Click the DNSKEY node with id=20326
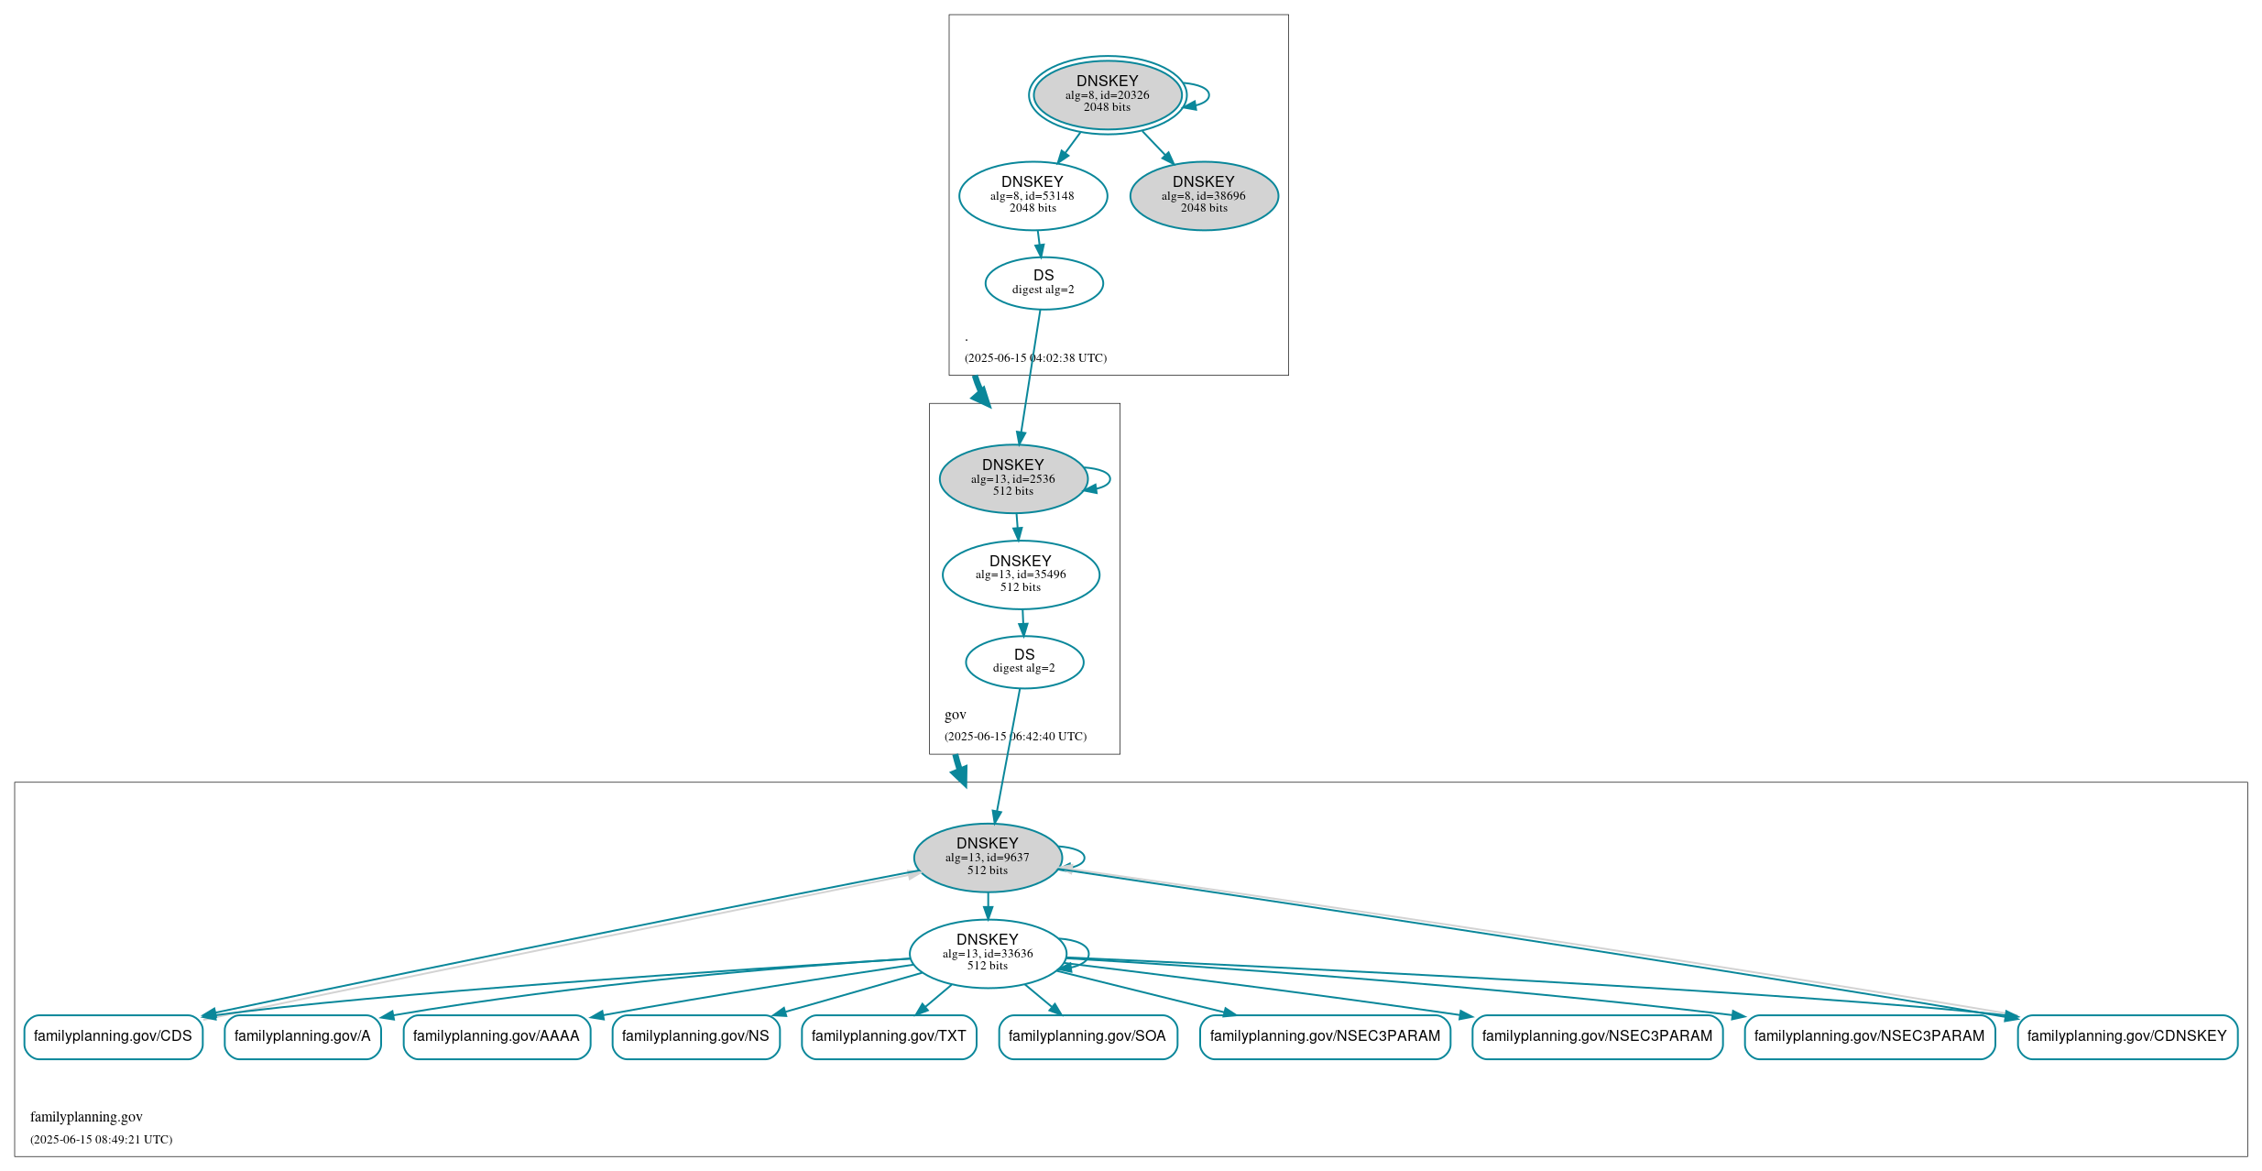click(x=1107, y=94)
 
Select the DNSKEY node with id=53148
click(x=1033, y=195)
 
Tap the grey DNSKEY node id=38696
click(x=1203, y=195)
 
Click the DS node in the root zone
click(x=1044, y=282)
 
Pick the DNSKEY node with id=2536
click(x=1012, y=478)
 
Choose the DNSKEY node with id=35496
click(x=1020, y=575)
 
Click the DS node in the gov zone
click(x=1023, y=662)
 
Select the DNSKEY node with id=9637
click(x=987, y=857)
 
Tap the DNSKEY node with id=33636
click(x=987, y=953)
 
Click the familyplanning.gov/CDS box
click(x=113, y=1036)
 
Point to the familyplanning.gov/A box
click(x=302, y=1036)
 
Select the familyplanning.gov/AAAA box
click(x=496, y=1036)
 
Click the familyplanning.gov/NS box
click(x=695, y=1036)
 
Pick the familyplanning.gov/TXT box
click(x=889, y=1036)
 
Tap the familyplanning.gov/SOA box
click(x=1087, y=1036)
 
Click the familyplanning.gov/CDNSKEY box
click(x=2126, y=1036)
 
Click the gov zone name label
click(x=955, y=715)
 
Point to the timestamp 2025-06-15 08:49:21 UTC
click(x=101, y=1140)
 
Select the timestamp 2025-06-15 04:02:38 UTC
click(x=1035, y=358)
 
